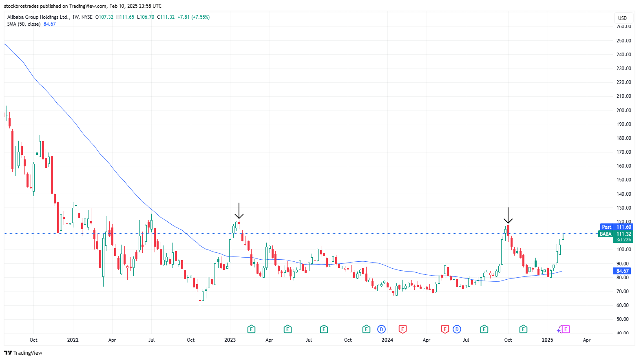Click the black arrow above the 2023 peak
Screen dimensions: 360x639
239,211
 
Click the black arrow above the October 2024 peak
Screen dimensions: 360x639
508,216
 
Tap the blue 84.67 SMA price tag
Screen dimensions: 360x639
622,271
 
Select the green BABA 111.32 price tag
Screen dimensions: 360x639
615,234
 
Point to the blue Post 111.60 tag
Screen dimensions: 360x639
616,227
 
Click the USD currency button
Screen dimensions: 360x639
622,18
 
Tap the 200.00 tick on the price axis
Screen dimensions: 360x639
624,110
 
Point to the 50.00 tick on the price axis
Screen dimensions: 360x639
624,319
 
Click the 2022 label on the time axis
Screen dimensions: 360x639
73,340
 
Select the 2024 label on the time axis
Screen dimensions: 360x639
387,340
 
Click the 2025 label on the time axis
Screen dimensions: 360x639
547,340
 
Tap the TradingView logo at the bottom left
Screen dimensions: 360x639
23,353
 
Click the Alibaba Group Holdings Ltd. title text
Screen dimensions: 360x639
38,17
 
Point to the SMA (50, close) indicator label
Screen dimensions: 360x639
24,24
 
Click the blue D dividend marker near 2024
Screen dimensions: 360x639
381,329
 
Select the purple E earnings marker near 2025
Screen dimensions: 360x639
566,329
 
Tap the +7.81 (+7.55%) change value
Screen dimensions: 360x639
194,17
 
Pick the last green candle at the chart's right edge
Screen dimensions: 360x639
563,236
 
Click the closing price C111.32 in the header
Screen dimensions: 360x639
166,17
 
